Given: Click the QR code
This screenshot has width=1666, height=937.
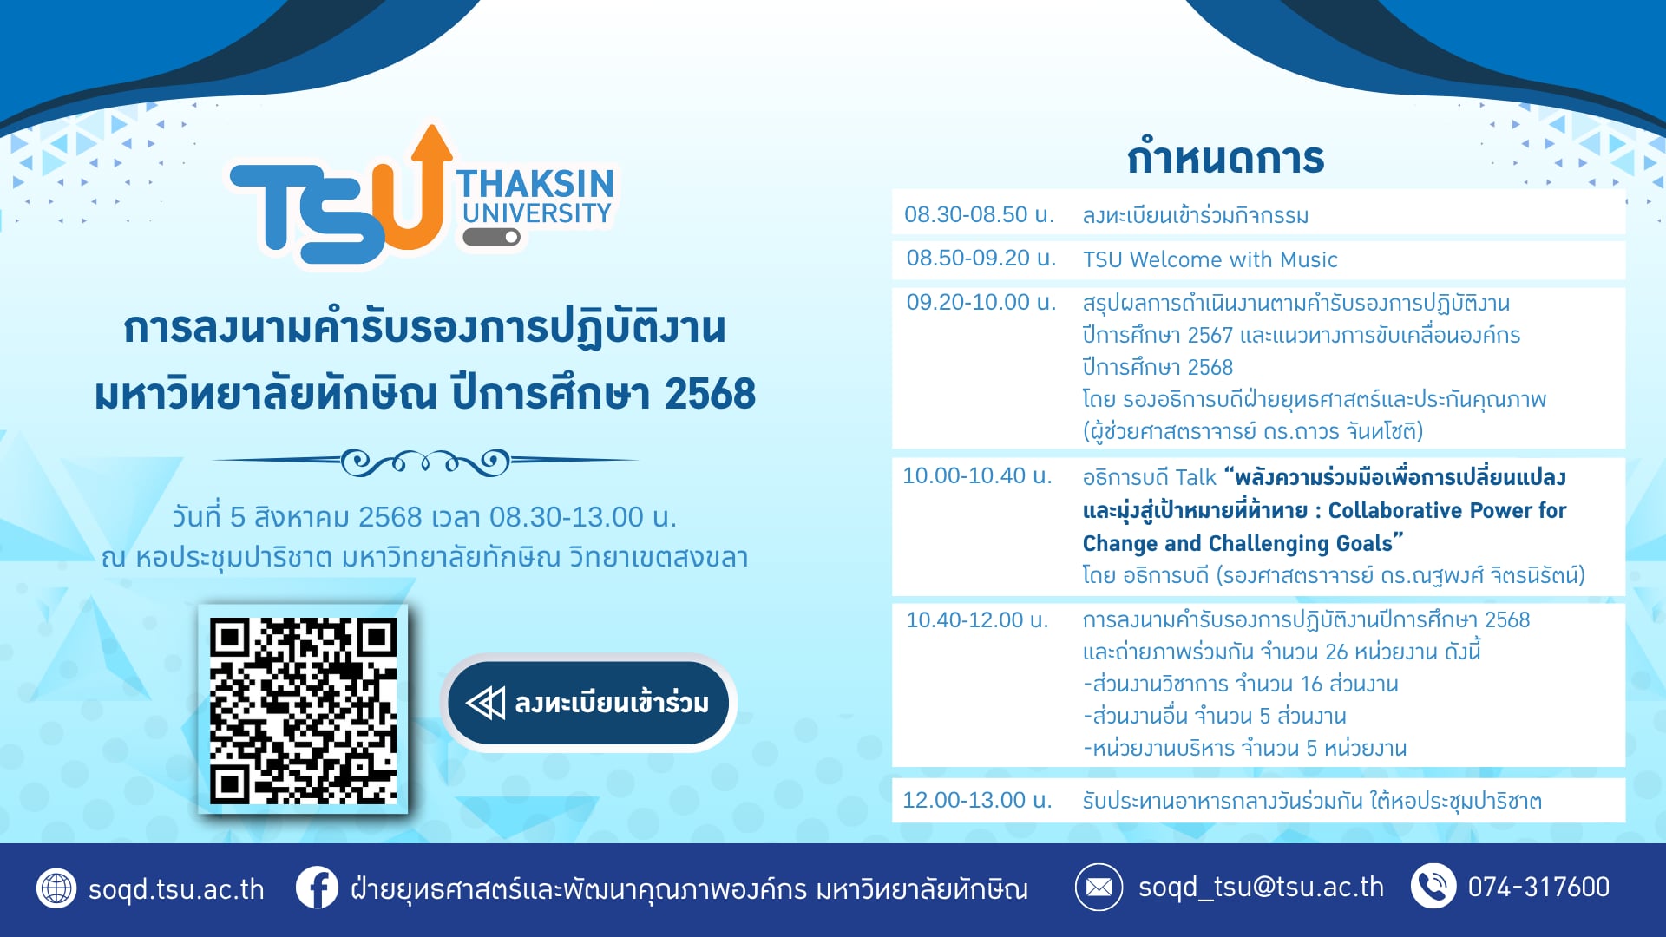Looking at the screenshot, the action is point(303,710).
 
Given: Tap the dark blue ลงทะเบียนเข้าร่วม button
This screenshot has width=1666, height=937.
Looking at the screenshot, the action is point(589,703).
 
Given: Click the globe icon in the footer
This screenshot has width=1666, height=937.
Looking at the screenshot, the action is point(56,888).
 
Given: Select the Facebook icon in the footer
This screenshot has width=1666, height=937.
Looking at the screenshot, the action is point(317,888).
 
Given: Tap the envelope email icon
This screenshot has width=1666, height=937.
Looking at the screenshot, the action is point(1099,888).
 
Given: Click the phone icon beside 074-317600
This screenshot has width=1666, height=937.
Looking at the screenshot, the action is point(1433,887).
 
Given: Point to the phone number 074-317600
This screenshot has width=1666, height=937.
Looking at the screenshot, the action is point(1538,887).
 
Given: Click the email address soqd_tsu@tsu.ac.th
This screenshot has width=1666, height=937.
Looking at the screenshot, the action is point(1261,888).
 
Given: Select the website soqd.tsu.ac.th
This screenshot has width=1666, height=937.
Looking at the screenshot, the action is point(176,889).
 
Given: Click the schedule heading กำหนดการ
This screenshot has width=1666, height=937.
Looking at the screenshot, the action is point(1225,158).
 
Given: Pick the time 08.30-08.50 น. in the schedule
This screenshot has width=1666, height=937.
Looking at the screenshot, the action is point(979,214).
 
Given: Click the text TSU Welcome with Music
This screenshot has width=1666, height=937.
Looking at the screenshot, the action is point(1210,259).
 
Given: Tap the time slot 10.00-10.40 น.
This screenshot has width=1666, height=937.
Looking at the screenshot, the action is point(977,475).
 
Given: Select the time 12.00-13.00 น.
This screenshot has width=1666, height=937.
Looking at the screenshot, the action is point(977,800).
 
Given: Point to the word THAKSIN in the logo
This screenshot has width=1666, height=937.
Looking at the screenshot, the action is point(535,184).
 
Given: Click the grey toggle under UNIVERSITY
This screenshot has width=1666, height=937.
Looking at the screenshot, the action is point(491,237).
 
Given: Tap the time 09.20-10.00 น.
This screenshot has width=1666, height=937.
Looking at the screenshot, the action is point(981,302).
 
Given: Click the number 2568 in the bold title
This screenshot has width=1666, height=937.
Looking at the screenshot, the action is point(711,394).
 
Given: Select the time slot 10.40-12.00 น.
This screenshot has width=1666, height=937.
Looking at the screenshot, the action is point(977,619).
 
